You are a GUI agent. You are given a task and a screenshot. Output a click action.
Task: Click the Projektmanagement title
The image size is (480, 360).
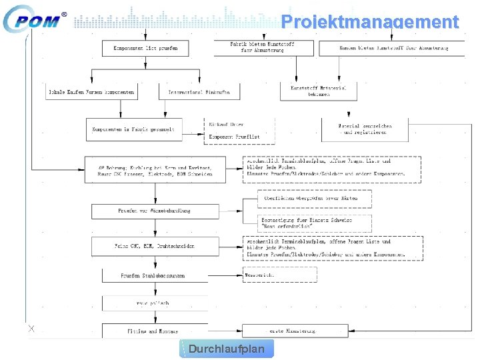click(x=370, y=22)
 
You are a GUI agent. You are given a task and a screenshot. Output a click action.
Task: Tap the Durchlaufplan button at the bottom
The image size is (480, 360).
click(x=227, y=349)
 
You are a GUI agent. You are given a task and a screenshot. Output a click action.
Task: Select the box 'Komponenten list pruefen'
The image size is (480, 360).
click(x=145, y=48)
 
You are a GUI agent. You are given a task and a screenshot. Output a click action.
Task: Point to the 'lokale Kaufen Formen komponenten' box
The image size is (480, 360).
click(x=91, y=92)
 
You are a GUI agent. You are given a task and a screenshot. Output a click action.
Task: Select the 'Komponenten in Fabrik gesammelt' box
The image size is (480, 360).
click(x=134, y=129)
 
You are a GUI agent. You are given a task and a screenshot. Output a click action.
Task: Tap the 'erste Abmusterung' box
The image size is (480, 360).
click(x=295, y=330)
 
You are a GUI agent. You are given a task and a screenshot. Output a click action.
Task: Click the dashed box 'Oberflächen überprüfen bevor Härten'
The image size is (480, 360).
click(x=315, y=199)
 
